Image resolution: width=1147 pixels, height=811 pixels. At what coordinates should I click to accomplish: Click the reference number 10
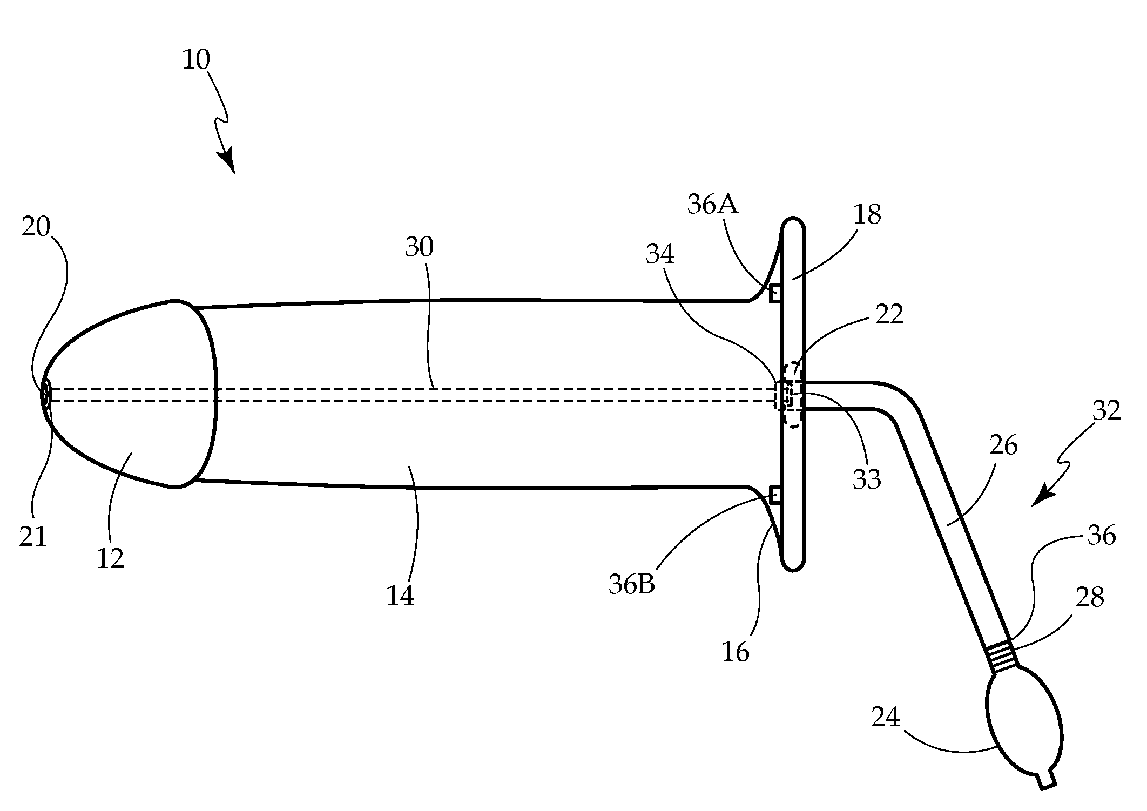tap(196, 60)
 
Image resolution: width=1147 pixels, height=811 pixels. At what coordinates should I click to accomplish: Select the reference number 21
tap(33, 537)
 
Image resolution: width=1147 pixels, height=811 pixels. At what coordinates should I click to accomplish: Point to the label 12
tap(110, 558)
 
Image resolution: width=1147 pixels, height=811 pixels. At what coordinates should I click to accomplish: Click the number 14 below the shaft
tap(400, 596)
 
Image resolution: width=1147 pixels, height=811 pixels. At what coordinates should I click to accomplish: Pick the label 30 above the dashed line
tap(419, 247)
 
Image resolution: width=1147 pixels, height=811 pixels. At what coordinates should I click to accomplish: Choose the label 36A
tap(713, 205)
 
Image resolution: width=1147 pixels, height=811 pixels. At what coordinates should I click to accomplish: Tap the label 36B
tap(632, 584)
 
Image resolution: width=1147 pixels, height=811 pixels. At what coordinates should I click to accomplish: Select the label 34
tap(660, 253)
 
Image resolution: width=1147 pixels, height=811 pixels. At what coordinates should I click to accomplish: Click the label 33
tap(867, 479)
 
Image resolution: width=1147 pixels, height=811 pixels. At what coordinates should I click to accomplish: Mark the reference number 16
tap(736, 652)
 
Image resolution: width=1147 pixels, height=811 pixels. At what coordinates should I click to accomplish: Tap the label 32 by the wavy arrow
tap(1106, 411)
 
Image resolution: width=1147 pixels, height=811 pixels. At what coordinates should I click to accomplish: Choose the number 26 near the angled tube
tap(1003, 445)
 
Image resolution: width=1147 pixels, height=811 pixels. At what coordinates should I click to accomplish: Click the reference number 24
tap(886, 718)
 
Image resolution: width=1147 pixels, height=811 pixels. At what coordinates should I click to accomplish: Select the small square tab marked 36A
tap(775, 294)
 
